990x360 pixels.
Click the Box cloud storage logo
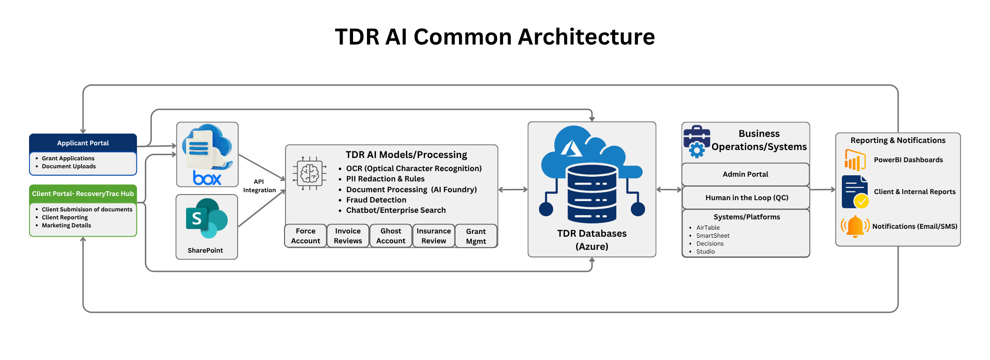pyautogui.click(x=207, y=154)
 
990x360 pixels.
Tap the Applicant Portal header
pyautogui.click(x=83, y=143)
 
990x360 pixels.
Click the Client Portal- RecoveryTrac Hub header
pyautogui.click(x=83, y=194)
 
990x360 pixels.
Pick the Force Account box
pyautogui.click(x=306, y=236)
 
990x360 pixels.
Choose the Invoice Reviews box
pyautogui.click(x=348, y=236)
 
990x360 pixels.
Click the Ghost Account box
pyautogui.click(x=391, y=236)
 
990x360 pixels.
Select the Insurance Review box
pyautogui.click(x=434, y=236)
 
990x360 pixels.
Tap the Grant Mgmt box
pyautogui.click(x=476, y=236)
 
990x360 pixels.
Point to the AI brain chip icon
pyautogui.click(x=309, y=174)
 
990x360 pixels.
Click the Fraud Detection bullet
pyautogui.click(x=376, y=200)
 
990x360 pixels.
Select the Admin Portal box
pyautogui.click(x=745, y=174)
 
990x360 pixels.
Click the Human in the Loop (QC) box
pyautogui.click(x=746, y=198)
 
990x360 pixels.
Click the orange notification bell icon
pyautogui.click(x=855, y=226)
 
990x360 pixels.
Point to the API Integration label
pyautogui.click(x=259, y=186)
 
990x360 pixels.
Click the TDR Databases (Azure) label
pyautogui.click(x=592, y=240)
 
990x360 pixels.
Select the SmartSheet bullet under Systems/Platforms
pyautogui.click(x=712, y=236)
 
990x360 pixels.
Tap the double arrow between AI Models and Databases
pyautogui.click(x=513, y=190)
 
